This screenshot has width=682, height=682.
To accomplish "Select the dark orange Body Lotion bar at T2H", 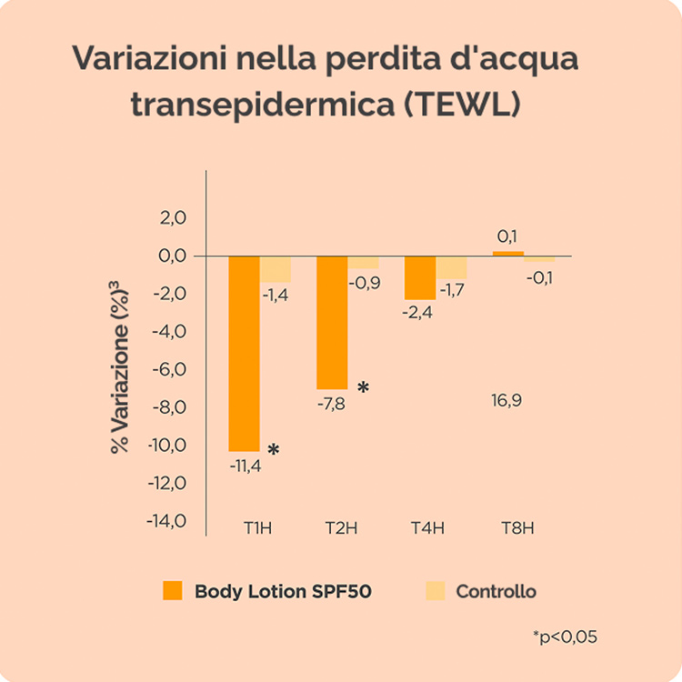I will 332,322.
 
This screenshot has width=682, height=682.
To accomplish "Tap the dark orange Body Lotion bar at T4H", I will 419,277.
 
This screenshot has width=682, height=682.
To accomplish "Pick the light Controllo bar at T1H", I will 276,269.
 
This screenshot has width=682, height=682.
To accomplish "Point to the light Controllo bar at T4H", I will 451,267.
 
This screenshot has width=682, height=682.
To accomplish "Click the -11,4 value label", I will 245,466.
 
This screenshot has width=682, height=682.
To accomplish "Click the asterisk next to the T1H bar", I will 273,450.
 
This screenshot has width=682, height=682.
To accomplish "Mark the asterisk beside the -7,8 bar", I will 363,388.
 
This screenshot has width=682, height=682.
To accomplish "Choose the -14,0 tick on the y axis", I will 167,521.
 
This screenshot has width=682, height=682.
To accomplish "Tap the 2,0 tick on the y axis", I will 173,217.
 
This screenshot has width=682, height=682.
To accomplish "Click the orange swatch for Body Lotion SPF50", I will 172,591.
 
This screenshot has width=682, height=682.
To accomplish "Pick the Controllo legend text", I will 496,591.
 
